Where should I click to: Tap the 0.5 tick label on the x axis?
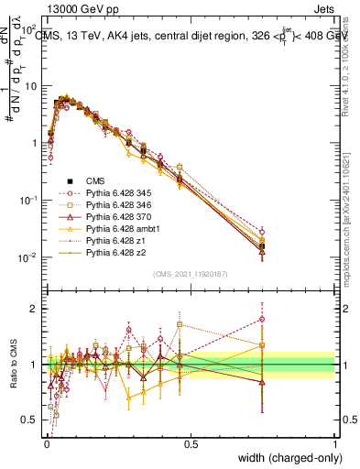[x=191, y=443]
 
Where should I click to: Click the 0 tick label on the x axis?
[x=46, y=443]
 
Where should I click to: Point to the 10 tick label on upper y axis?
[x=29, y=85]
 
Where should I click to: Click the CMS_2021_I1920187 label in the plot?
[x=190, y=275]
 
